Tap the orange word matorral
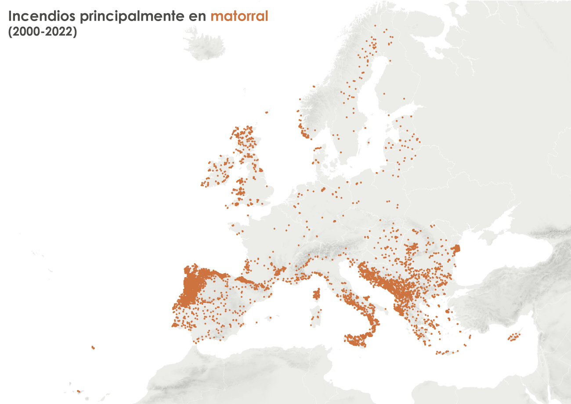(239, 17)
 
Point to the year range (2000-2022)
(43, 33)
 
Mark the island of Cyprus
(513, 338)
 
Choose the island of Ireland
(217, 173)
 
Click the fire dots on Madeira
(93, 347)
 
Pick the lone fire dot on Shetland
(266, 112)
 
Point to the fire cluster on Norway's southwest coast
(303, 132)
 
